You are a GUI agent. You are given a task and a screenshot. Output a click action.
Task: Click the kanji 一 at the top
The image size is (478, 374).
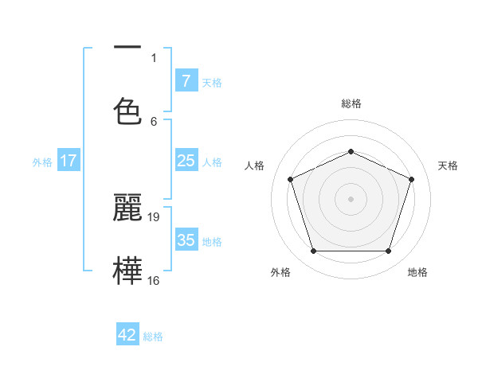point(127,48)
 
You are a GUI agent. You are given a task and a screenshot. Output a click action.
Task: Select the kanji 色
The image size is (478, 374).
point(127,111)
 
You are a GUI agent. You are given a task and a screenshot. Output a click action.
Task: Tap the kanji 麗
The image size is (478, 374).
point(127,207)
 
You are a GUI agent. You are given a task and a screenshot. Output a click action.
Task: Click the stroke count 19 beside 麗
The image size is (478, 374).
point(155,216)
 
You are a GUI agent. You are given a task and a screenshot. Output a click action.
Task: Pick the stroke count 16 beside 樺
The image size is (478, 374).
point(155,280)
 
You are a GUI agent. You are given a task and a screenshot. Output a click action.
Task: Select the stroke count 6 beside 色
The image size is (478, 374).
point(154,121)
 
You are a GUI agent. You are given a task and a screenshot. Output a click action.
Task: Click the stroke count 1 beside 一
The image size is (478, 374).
point(154,57)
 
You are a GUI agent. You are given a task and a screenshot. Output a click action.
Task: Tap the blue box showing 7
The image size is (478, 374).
point(186,81)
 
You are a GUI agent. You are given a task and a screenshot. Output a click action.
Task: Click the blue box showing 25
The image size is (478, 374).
point(186,161)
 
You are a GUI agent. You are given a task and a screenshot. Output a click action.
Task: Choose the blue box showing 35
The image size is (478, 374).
point(186,240)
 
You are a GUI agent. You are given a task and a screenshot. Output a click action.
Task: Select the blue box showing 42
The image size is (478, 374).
point(127,335)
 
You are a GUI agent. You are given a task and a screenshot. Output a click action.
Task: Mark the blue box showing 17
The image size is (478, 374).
point(69,161)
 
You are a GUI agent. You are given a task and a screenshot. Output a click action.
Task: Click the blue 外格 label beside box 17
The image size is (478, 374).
point(42,162)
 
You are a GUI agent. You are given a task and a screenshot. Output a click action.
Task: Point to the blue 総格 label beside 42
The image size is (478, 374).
point(153,337)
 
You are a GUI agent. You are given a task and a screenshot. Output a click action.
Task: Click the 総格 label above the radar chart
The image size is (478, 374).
point(351,103)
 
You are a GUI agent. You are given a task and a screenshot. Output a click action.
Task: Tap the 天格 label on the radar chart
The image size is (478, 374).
point(448,166)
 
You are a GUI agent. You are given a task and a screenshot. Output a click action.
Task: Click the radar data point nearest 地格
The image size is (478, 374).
point(388,251)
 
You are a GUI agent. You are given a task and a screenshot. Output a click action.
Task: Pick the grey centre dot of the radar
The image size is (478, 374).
point(351,199)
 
